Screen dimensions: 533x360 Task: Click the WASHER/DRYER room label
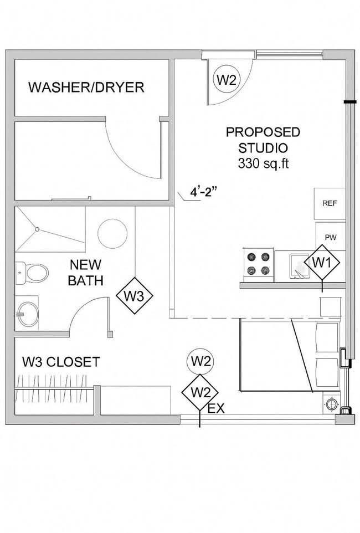point(86,87)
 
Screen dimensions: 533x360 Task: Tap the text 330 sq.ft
point(263,163)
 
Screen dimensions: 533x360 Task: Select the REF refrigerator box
point(330,203)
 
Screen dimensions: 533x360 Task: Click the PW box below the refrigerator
point(331,237)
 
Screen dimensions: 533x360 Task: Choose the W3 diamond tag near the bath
point(134,296)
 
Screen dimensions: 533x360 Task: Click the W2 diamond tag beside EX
point(200,392)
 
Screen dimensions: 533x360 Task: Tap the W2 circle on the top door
point(226,79)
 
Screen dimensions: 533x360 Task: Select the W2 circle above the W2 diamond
point(200,361)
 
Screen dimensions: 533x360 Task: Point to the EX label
point(216,409)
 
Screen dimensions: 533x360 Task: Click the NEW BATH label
point(85,273)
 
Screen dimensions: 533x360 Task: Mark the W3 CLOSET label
point(61,362)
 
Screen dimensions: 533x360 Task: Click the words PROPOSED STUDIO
point(263,140)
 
